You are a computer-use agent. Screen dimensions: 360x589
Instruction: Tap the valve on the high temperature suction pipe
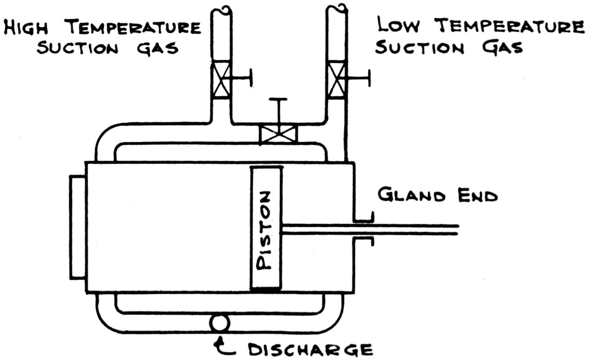[x=221, y=80]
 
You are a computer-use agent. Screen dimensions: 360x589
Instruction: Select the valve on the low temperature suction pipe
[x=336, y=80]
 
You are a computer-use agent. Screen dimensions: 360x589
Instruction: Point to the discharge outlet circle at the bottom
[x=220, y=323]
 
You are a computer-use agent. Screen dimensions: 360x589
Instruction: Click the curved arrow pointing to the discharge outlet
[x=225, y=347]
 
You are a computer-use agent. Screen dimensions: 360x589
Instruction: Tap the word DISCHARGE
[x=310, y=350]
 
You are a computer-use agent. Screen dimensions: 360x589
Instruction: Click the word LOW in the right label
[x=398, y=26]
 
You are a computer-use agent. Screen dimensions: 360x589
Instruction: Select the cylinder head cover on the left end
[x=78, y=227]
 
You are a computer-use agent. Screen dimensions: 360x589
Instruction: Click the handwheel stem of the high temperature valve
[x=240, y=78]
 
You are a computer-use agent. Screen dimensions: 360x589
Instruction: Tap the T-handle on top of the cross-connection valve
[x=278, y=101]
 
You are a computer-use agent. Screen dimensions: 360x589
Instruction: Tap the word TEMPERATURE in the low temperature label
[x=511, y=26]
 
